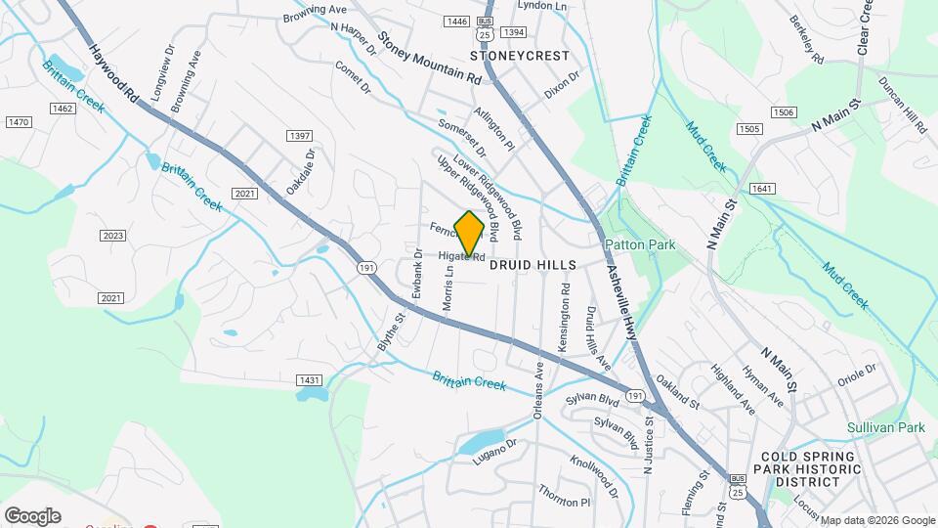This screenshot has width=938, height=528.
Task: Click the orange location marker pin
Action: [x=469, y=233]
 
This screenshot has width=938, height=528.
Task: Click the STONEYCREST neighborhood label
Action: [x=519, y=56]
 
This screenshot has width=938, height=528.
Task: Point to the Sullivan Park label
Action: [x=885, y=427]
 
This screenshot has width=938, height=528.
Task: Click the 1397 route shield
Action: [x=299, y=135]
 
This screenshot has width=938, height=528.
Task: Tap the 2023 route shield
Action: [x=112, y=236]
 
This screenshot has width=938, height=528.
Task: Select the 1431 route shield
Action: [x=309, y=379]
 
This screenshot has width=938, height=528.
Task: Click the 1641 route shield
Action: [x=762, y=188]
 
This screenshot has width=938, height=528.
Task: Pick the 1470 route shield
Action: [x=19, y=122]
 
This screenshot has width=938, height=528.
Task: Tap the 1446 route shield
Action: [x=456, y=22]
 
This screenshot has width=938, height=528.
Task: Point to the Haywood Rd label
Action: [x=113, y=72]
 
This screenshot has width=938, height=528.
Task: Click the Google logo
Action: [x=32, y=515]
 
